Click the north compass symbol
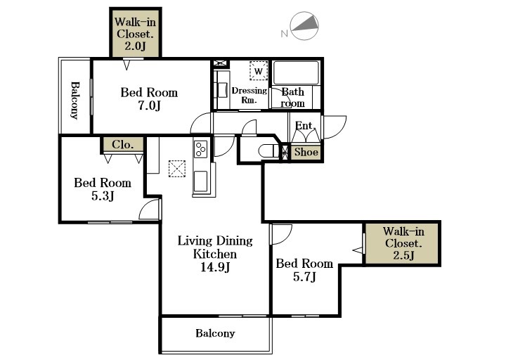[304, 26]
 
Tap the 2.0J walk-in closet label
[135, 34]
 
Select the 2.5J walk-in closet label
[403, 243]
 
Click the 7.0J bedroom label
[149, 99]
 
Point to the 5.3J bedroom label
[103, 189]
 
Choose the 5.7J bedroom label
[304, 270]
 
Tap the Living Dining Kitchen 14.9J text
[215, 254]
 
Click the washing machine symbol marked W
[259, 70]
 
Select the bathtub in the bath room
[297, 72]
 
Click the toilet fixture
[268, 151]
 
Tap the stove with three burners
[200, 149]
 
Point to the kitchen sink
[200, 182]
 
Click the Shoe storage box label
[306, 152]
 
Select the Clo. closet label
[122, 144]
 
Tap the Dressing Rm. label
[249, 95]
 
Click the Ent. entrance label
[305, 125]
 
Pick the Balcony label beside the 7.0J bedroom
[74, 101]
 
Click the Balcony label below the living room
[215, 333]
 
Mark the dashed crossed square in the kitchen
[177, 169]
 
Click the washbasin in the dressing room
[222, 90]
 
